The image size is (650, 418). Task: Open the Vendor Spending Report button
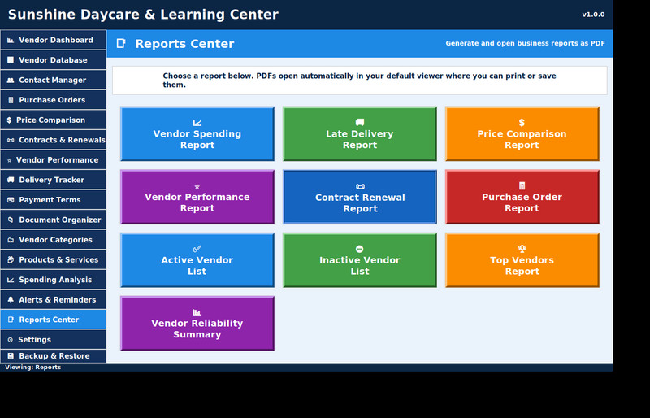[x=197, y=133]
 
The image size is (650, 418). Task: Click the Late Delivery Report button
[x=360, y=133]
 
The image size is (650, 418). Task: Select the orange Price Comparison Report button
[x=522, y=133]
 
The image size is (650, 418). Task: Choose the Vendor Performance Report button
[x=197, y=197]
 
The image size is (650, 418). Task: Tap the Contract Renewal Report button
[x=360, y=197]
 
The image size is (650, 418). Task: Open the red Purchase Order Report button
[x=522, y=197]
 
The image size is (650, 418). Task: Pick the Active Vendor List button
[x=197, y=260]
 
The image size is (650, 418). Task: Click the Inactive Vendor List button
[x=360, y=260]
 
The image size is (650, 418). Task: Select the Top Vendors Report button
[x=522, y=260]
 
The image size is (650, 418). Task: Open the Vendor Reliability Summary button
[x=197, y=323]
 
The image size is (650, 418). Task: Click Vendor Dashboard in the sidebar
[x=54, y=41]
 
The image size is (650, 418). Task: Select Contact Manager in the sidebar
[x=54, y=81]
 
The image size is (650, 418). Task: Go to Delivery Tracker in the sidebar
[x=54, y=180]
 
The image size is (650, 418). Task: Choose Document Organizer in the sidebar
[x=54, y=220]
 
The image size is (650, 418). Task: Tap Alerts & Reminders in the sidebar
[x=54, y=300]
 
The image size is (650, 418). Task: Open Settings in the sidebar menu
[x=54, y=340]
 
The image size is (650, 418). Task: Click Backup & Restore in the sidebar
[x=54, y=356]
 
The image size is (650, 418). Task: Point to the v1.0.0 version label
[x=593, y=15]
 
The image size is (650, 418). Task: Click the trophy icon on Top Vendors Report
[x=522, y=249]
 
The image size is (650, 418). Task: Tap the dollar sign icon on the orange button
[x=522, y=123]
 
